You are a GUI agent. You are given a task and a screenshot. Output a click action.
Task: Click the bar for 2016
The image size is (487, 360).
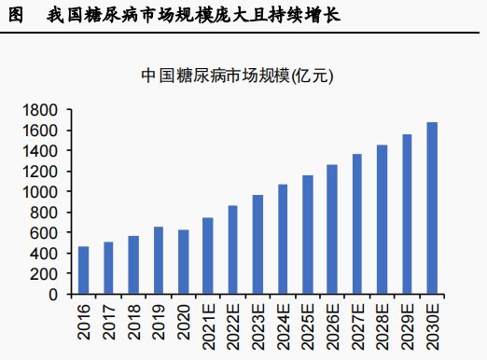pos(84,270)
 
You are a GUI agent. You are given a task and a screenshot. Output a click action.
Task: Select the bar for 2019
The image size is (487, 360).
pos(159,260)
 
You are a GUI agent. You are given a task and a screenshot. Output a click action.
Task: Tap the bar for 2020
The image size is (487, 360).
pos(184,262)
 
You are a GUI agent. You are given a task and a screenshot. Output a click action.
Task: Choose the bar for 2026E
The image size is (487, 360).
pos(332,229)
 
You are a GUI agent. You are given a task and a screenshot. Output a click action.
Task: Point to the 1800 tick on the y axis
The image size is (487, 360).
pos(42,110)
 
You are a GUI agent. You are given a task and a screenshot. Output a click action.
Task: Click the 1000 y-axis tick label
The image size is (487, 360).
pos(42,192)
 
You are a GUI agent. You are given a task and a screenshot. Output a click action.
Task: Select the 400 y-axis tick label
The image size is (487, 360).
pos(46,254)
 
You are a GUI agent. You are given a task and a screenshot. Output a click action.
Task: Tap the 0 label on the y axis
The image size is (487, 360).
pos(54,295)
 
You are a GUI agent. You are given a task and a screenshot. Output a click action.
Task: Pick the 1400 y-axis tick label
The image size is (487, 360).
pos(42,151)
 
